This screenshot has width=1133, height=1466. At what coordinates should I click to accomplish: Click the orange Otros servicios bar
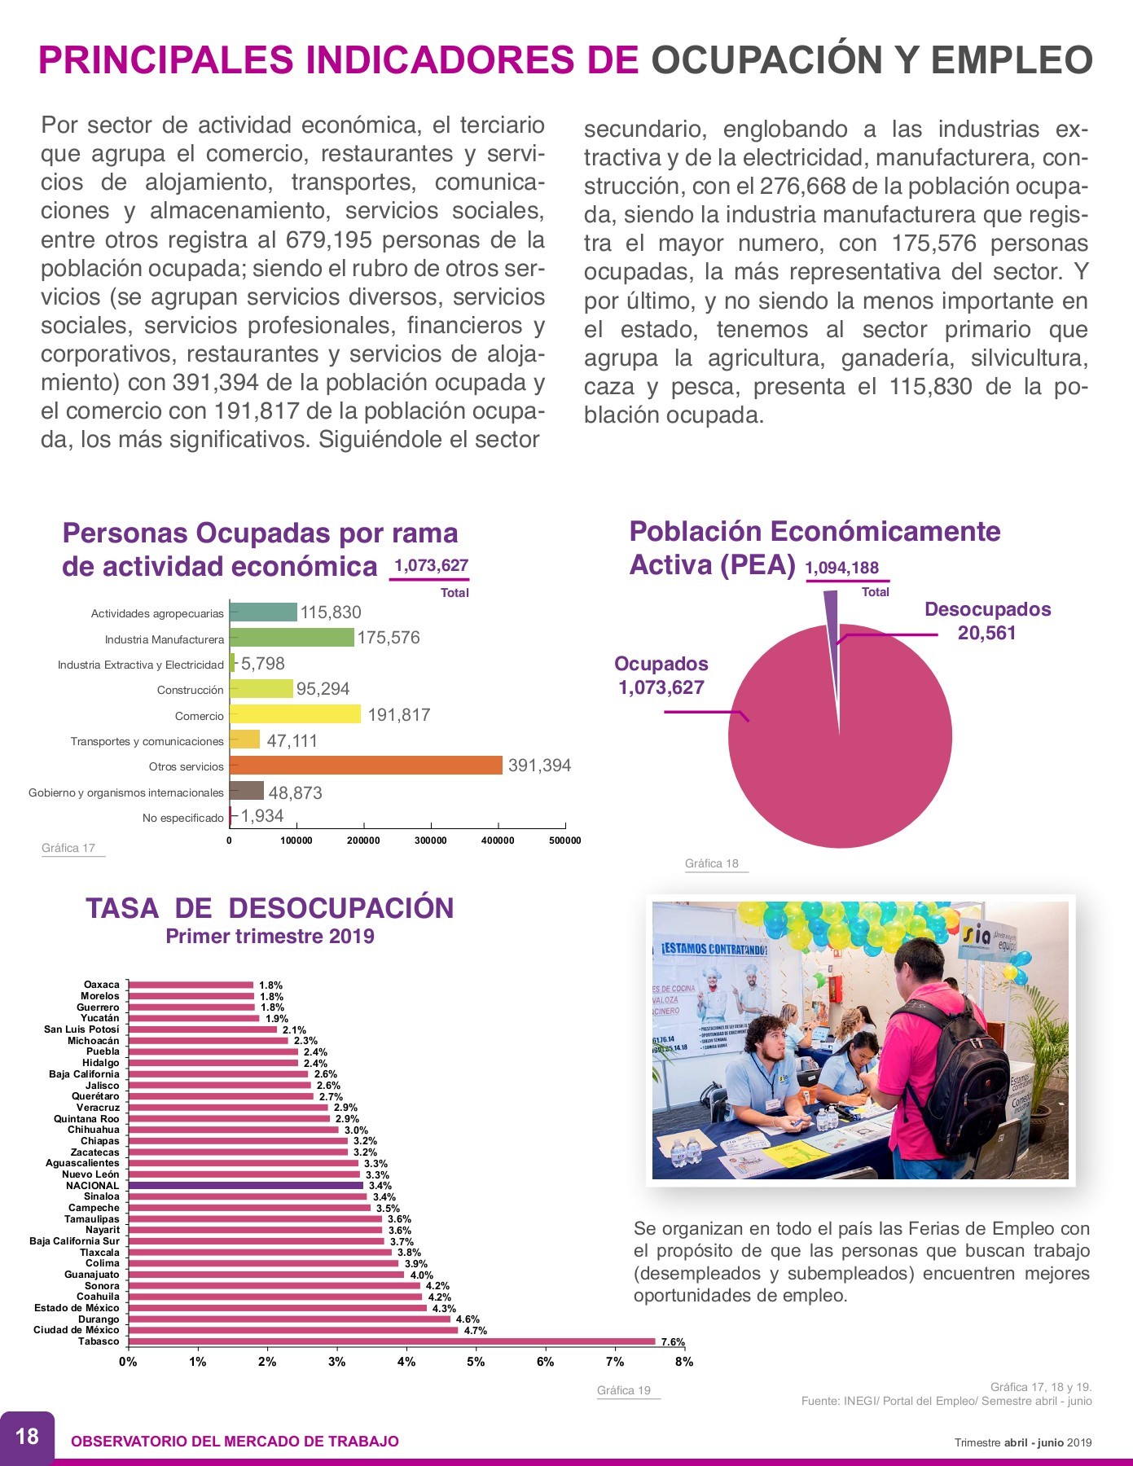click(x=366, y=766)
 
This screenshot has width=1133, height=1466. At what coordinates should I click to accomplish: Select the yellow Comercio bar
click(x=295, y=714)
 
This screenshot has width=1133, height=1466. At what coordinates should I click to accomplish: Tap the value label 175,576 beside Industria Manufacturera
click(x=389, y=638)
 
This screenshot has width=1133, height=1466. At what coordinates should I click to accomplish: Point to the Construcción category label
click(x=190, y=690)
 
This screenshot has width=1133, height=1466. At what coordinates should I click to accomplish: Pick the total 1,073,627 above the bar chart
click(x=431, y=565)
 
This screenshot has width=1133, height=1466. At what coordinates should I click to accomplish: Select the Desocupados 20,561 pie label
click(x=987, y=621)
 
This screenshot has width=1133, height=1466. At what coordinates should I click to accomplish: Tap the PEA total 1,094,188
click(x=842, y=568)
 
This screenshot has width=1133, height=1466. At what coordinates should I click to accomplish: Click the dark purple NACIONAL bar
click(x=246, y=1186)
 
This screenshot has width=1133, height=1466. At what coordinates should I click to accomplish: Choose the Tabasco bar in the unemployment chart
click(x=392, y=1341)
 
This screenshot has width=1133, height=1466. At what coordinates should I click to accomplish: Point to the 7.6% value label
click(x=673, y=1342)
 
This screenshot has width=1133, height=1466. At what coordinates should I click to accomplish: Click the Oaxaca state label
click(x=102, y=985)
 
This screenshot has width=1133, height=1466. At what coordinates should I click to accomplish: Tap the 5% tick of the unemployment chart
click(x=476, y=1362)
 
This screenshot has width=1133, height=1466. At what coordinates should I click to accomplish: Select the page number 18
click(x=27, y=1435)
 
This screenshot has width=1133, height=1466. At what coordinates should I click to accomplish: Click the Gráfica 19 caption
click(x=624, y=1390)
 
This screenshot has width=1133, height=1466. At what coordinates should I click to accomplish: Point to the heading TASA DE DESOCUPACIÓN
click(x=270, y=908)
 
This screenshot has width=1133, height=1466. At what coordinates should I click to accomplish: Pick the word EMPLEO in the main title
click(x=1012, y=60)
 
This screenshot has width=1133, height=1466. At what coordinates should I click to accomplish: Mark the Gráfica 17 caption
click(x=68, y=848)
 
